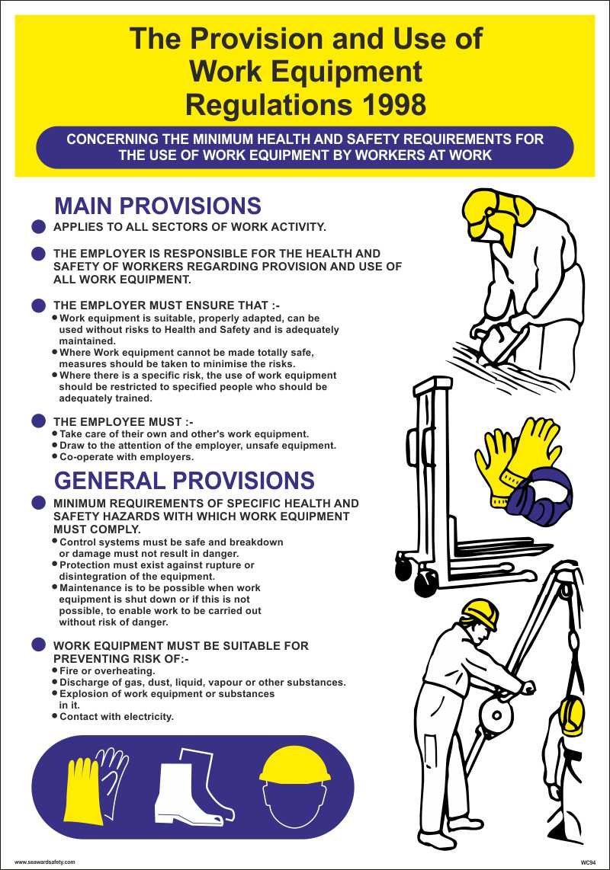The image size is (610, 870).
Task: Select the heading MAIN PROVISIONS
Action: click(158, 206)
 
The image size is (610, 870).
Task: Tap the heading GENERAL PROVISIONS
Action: click(184, 480)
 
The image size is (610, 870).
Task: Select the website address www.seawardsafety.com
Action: click(45, 862)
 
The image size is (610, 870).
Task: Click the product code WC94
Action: click(587, 862)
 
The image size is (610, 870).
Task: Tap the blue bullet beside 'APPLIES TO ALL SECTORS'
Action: click(39, 226)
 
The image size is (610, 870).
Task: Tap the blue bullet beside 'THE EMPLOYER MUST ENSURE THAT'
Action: click(39, 305)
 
